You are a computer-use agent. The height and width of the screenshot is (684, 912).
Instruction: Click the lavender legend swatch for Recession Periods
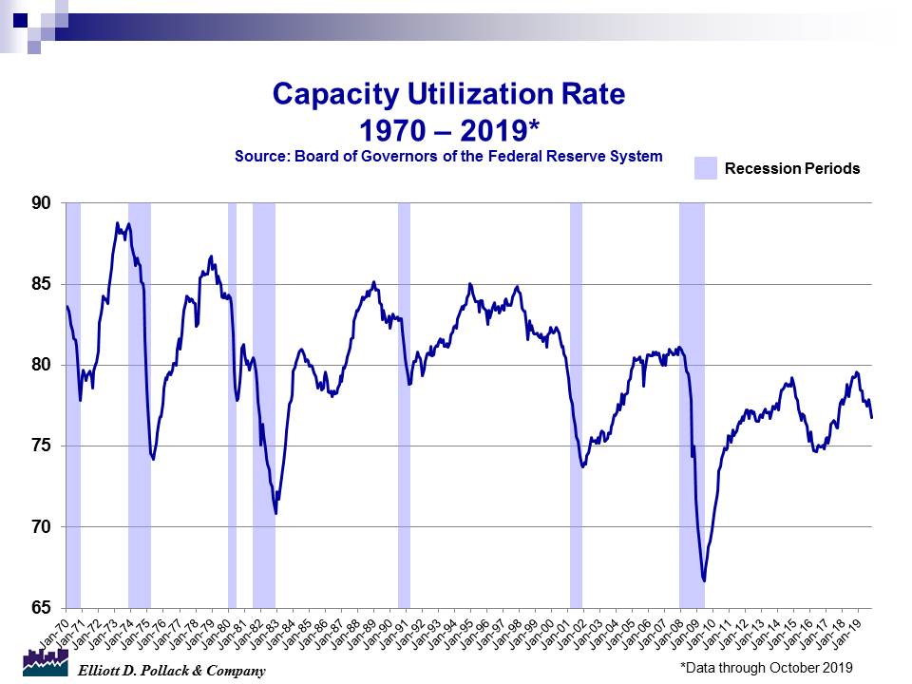pos(705,168)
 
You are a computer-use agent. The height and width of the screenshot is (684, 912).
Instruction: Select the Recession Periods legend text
pos(792,168)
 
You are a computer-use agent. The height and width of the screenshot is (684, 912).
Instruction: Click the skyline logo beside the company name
pos(46,664)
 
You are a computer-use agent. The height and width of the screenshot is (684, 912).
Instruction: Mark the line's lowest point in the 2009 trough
pos(704,580)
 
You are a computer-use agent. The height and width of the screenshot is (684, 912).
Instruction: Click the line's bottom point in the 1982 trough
pos(275,514)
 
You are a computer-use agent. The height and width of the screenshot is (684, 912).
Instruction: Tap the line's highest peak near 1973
pos(117,223)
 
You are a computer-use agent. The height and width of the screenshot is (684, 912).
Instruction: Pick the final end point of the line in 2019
pos(872,417)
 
